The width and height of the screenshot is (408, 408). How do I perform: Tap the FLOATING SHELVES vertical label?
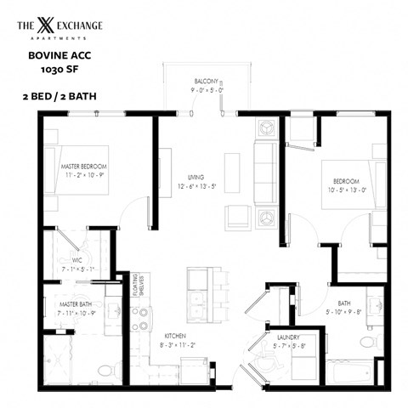tap(146, 289)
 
